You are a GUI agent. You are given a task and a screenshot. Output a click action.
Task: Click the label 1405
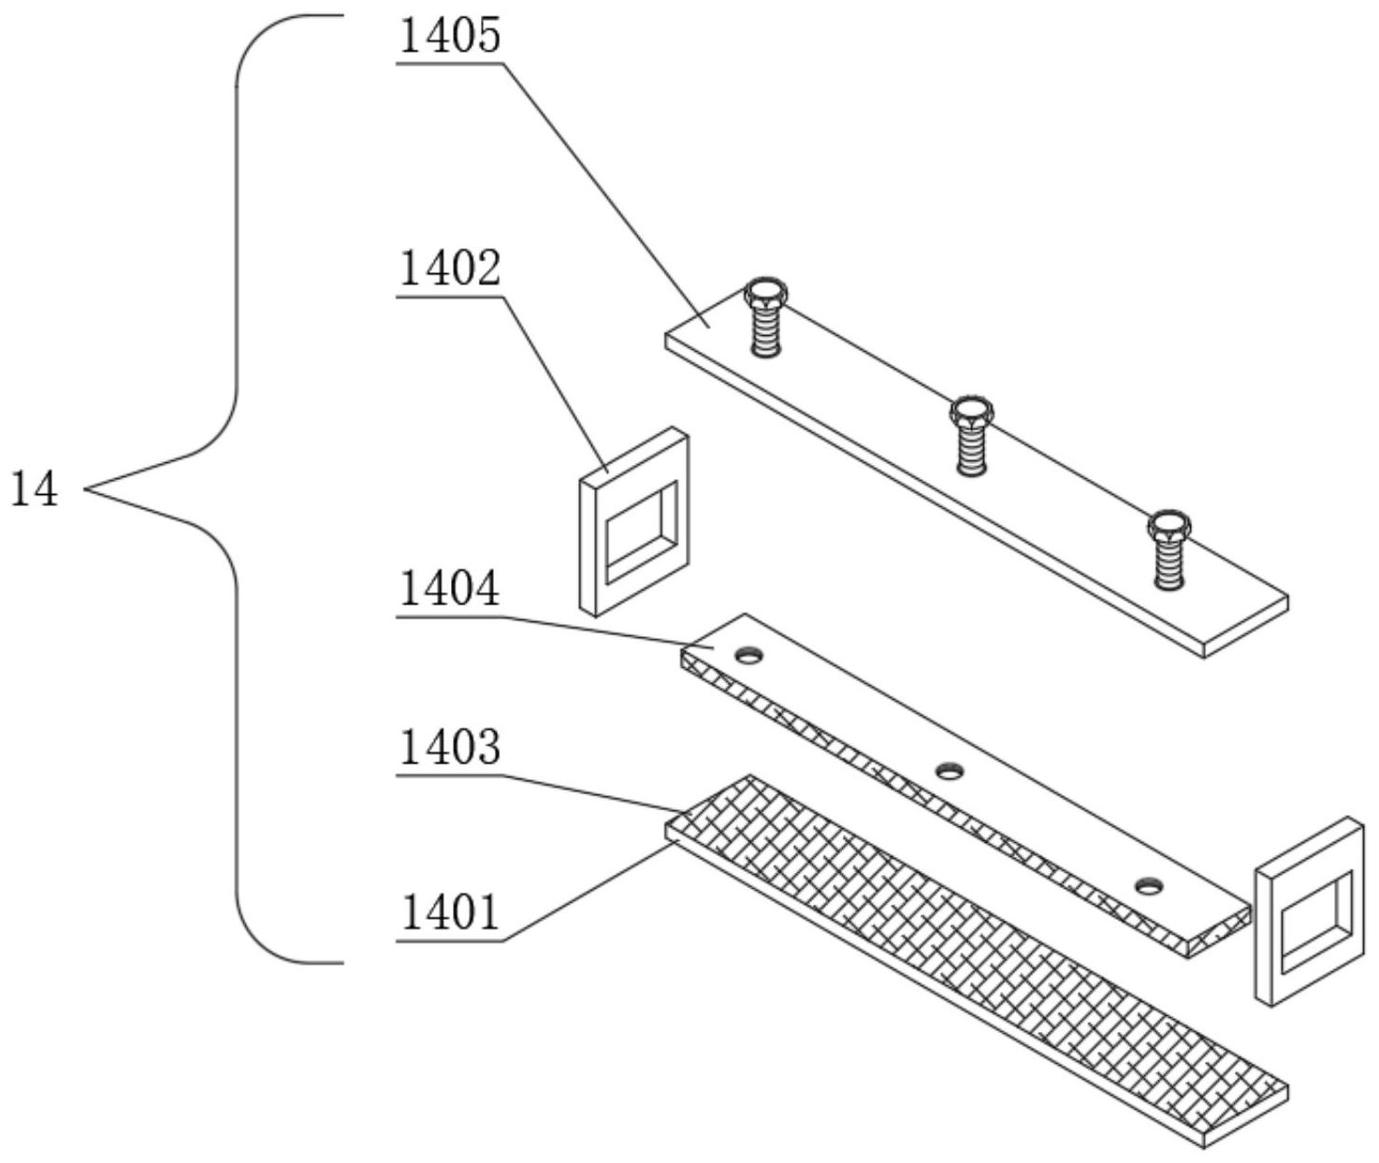click(450, 36)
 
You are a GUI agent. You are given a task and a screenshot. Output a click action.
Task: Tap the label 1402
click(450, 269)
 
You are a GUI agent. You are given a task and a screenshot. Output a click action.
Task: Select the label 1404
click(450, 589)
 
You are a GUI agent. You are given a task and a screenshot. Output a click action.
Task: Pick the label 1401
click(450, 912)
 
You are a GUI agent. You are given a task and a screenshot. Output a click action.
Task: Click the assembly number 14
click(35, 489)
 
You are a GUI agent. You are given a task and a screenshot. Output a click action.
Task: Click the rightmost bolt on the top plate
click(1169, 547)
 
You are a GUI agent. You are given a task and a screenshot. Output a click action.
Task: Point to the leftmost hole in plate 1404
click(748, 655)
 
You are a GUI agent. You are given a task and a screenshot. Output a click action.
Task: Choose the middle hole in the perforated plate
click(951, 770)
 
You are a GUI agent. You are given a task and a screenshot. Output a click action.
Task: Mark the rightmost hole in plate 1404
click(1150, 884)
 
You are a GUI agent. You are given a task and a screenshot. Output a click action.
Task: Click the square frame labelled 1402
click(633, 520)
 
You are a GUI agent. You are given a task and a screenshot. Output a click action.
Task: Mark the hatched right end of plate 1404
click(1219, 932)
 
